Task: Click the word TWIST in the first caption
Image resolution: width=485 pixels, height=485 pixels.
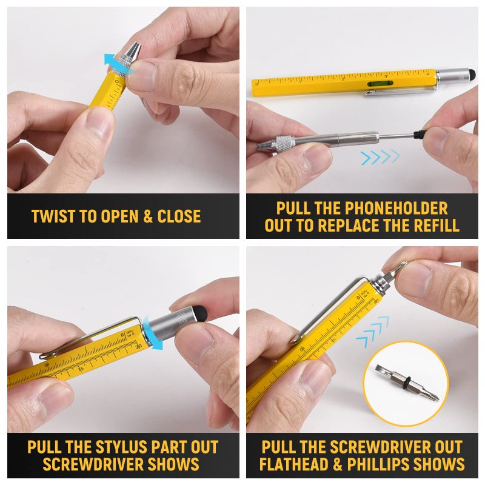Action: (x=53, y=216)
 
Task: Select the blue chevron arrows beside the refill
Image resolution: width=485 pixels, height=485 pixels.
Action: (x=380, y=158)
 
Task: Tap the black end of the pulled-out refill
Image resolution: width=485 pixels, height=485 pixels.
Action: (x=418, y=132)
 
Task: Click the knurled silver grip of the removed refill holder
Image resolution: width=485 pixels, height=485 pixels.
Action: (x=284, y=143)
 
